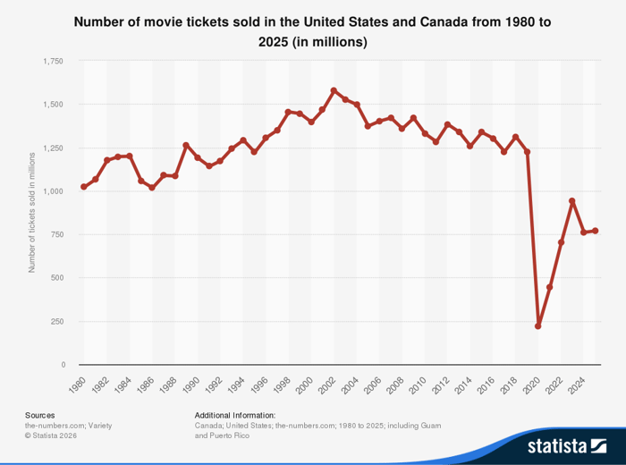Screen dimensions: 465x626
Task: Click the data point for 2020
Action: [x=538, y=326]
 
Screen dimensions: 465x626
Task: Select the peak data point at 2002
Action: [x=334, y=90]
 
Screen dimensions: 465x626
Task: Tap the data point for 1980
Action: [x=84, y=187]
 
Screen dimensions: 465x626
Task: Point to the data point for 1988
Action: [x=174, y=176]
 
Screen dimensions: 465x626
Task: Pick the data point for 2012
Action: [x=447, y=124]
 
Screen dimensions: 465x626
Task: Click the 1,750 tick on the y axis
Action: [x=53, y=61]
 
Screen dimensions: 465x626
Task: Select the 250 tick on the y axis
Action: [x=56, y=321]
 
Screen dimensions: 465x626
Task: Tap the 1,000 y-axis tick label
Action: [x=53, y=191]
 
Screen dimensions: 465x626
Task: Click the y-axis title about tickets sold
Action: [x=32, y=212]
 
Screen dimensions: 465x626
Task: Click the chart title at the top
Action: [x=312, y=31]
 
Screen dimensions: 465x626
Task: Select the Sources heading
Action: [x=39, y=415]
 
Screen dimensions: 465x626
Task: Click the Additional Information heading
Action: [x=234, y=415]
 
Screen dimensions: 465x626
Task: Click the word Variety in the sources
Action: [x=99, y=426]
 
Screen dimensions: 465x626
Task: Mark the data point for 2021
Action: [x=550, y=287]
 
